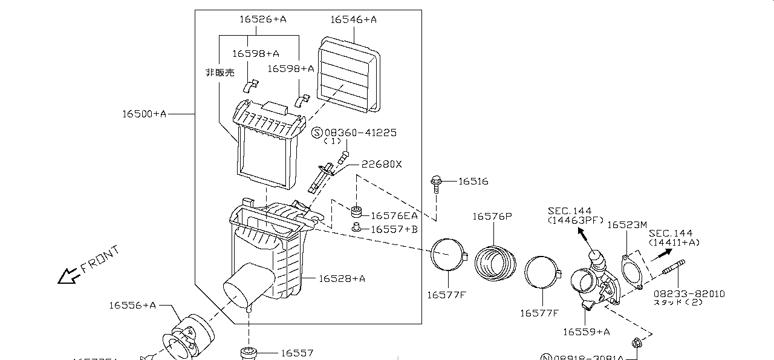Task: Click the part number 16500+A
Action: [x=144, y=113]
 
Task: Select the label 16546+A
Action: [x=353, y=19]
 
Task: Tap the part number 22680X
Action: [x=382, y=164]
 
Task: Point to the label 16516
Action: [x=473, y=182]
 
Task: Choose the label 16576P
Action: [x=492, y=216]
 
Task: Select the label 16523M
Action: [x=627, y=224]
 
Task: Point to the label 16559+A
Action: [x=586, y=332]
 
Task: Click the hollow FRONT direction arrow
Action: [x=67, y=277]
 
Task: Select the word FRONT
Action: [x=100, y=259]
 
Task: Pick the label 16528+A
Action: [x=342, y=278]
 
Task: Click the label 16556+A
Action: [x=132, y=305]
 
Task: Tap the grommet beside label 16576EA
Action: [x=357, y=213]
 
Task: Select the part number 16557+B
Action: [x=394, y=229]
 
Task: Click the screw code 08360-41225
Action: [x=360, y=133]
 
